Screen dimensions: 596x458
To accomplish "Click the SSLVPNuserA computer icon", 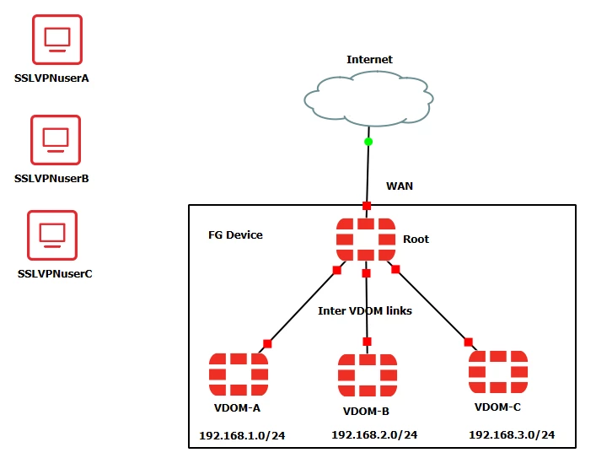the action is [57, 40].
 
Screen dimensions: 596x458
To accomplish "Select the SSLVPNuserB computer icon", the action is [56, 140].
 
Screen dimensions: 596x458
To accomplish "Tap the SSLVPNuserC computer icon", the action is [52, 235].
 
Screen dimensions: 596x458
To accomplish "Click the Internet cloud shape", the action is [368, 99].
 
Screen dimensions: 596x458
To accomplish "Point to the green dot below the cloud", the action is [368, 142].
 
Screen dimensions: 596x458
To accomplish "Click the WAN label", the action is [400, 186].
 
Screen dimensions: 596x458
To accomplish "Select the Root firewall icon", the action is [366, 240].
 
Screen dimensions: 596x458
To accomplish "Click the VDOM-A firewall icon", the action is [239, 374].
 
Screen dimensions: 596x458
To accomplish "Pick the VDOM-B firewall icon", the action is [368, 375].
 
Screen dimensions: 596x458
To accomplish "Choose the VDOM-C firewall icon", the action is [498, 372].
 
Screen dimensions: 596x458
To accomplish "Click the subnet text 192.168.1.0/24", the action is [242, 435].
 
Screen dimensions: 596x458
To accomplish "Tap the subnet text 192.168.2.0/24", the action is [374, 434].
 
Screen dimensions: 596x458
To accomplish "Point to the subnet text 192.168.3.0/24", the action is [512, 434].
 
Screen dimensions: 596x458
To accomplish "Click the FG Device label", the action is [235, 235].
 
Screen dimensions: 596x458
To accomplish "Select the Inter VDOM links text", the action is [365, 310].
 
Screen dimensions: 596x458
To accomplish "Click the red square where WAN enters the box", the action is [367, 206].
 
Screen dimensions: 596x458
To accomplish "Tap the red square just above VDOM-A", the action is [267, 344].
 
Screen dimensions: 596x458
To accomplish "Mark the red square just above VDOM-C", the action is [469, 342].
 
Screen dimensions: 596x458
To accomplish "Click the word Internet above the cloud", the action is [369, 59].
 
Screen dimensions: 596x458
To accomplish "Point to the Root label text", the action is [416, 240].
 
